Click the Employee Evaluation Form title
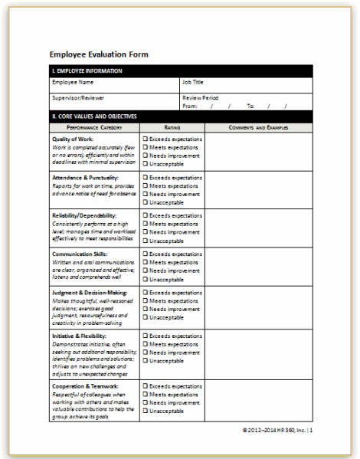tap(99, 55)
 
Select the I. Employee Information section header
tap(87, 71)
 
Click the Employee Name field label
tap(73, 81)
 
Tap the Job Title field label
tap(195, 81)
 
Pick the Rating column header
tap(172, 127)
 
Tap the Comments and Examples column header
tap(258, 127)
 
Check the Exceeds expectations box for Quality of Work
tap(145, 139)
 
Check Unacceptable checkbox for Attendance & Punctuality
tap(145, 202)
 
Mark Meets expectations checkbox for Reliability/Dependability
tap(145, 224)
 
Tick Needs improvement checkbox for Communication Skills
tap(145, 270)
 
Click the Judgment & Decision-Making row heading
tap(90, 292)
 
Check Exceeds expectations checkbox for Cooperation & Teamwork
tap(145, 386)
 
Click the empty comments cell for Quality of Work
tap(258, 151)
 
